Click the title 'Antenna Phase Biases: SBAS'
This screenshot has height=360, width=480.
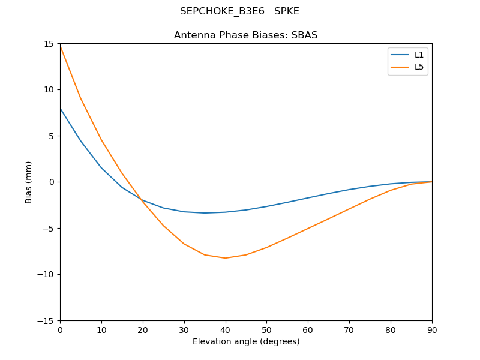(x=245, y=35)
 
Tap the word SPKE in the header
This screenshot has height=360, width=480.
(x=287, y=11)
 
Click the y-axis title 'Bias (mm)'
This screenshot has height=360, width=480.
(x=29, y=182)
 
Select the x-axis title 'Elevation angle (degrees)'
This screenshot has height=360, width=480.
(x=246, y=341)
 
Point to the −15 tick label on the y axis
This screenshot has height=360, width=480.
(x=46, y=320)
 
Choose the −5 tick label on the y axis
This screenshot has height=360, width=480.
(x=48, y=228)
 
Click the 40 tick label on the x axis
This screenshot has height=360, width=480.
(x=226, y=329)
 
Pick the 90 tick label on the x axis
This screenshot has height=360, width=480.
(x=432, y=329)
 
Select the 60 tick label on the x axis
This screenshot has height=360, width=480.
(x=308, y=329)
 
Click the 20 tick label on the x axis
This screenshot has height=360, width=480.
(x=143, y=329)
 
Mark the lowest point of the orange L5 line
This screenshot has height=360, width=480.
(x=226, y=258)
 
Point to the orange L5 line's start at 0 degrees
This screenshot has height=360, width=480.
(x=60, y=46)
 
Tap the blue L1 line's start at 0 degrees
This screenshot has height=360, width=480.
(x=60, y=108)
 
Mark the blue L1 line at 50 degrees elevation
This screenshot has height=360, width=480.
(x=266, y=206)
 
